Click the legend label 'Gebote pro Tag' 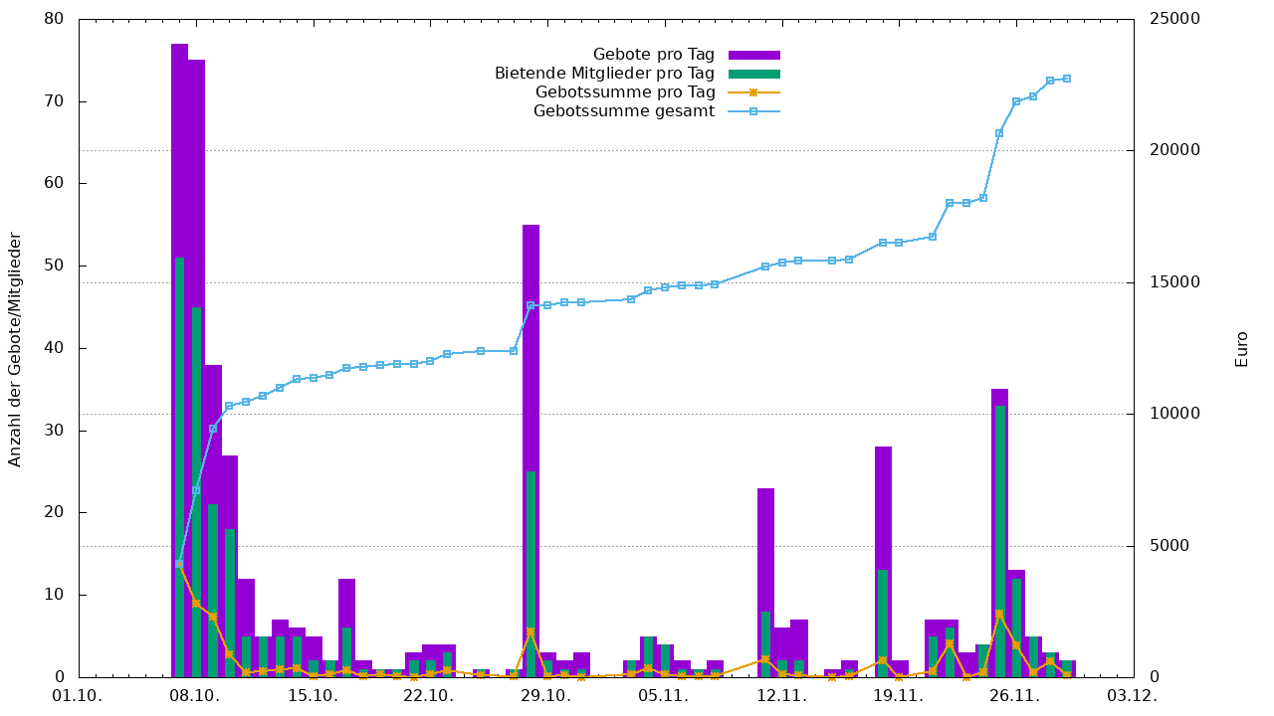click(653, 55)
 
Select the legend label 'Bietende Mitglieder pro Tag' click(604, 74)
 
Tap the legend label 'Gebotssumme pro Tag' click(625, 92)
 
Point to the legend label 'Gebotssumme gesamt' click(624, 111)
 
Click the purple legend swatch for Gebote click(753, 55)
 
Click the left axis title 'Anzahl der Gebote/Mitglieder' click(15, 349)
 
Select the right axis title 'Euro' click(1241, 349)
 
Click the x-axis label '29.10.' click(545, 696)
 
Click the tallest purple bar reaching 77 click(179, 149)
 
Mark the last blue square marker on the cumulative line click(1067, 79)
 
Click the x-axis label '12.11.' click(780, 696)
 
